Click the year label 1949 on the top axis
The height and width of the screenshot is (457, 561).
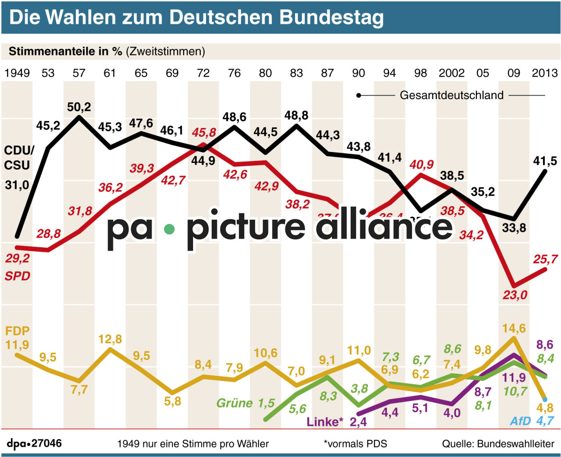[17, 73]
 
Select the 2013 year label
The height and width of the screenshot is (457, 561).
[544, 73]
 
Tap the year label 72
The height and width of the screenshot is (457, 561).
[203, 73]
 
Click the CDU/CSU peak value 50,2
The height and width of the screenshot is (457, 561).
[79, 107]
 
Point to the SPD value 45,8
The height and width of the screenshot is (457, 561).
[204, 132]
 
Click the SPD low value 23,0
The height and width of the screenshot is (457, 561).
[515, 295]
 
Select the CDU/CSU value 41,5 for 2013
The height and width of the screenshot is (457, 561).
[545, 161]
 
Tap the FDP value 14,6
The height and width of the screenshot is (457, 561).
[514, 328]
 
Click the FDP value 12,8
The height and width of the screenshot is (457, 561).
[110, 339]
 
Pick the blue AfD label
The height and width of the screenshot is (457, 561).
[520, 421]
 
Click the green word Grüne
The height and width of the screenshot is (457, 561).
[234, 403]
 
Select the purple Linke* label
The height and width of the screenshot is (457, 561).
[324, 422]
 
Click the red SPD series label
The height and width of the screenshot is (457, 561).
[18, 276]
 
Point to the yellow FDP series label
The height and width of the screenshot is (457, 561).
[17, 331]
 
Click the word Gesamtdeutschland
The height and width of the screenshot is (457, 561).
[451, 95]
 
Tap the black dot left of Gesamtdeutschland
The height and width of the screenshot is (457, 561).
[359, 95]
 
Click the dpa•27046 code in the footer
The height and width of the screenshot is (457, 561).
[34, 443]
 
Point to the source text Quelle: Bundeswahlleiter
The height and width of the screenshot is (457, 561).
[498, 443]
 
